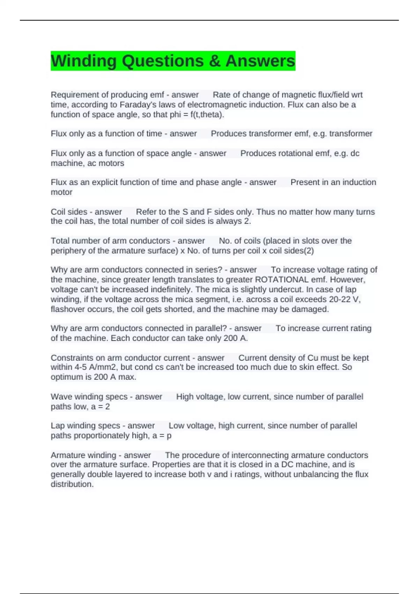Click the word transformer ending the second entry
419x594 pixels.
[x=351, y=133]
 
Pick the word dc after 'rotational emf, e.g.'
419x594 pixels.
[x=355, y=153]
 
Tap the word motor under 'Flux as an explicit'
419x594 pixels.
[x=61, y=192]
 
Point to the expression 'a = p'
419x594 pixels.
[x=162, y=436]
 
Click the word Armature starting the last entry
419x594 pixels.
[x=66, y=455]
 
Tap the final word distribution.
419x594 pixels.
[x=72, y=484]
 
